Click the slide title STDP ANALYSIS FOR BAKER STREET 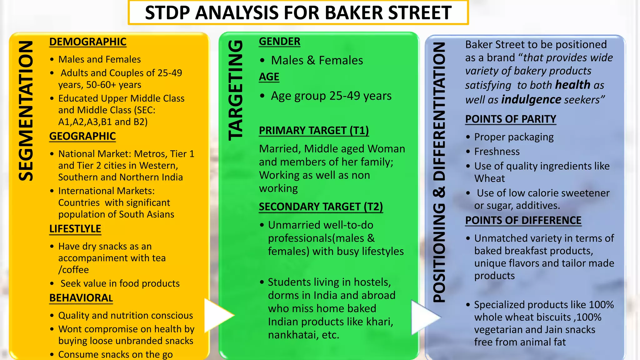tap(298, 13)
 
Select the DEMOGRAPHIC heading tap(88, 42)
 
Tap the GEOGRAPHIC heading tap(82, 136)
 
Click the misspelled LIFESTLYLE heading tap(75, 229)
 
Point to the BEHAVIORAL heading tap(81, 298)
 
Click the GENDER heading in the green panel tap(279, 42)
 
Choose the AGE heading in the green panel tap(269, 77)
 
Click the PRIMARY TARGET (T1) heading tap(314, 131)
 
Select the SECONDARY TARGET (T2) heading tap(321, 207)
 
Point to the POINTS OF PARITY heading tap(511, 119)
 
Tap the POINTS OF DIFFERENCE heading tap(523, 221)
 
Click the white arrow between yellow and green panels tap(218, 316)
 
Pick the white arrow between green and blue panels tap(424, 317)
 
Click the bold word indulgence tap(531, 100)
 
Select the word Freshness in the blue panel tap(497, 152)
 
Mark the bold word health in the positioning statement tap(572, 85)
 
